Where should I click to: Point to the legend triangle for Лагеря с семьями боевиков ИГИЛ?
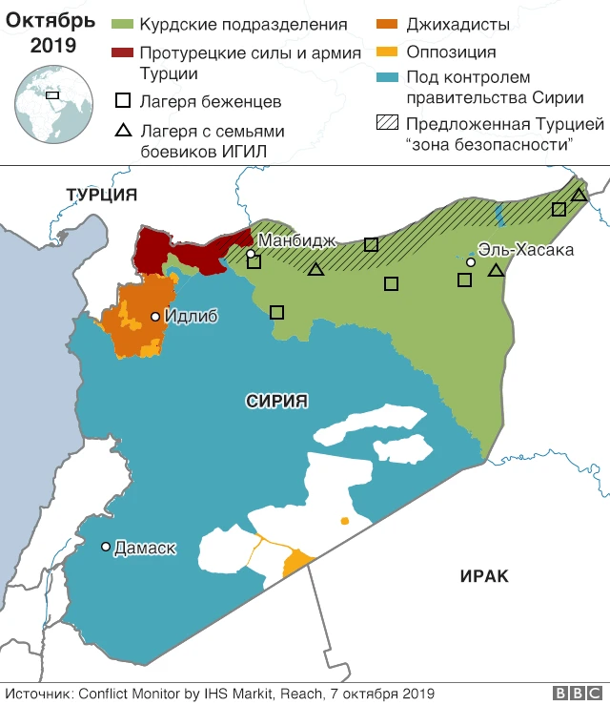(123, 131)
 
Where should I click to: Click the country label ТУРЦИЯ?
(102, 196)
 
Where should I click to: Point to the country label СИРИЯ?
(276, 402)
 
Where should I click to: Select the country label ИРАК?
(484, 576)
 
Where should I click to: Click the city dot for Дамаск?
(106, 547)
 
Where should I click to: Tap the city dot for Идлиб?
(155, 316)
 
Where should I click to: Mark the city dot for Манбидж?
(251, 254)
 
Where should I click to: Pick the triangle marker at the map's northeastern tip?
(579, 195)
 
